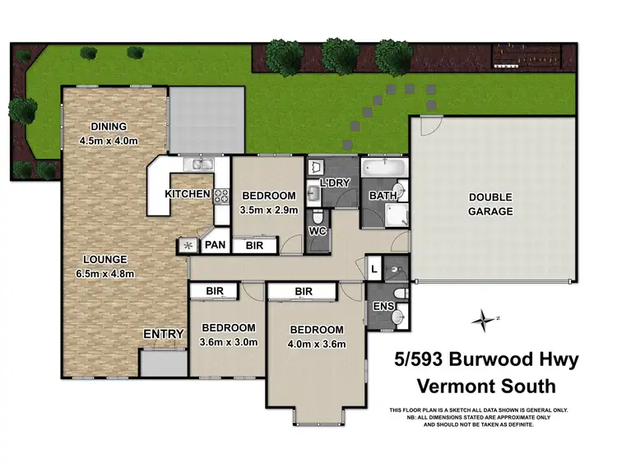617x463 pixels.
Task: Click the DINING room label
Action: pyautogui.click(x=109, y=126)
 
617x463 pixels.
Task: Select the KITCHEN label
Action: pyautogui.click(x=187, y=194)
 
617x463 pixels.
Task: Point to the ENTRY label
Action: pyautogui.click(x=162, y=334)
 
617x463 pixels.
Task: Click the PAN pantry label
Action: pyautogui.click(x=216, y=244)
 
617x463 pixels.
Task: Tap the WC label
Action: pyautogui.click(x=318, y=232)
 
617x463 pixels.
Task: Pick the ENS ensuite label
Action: pyautogui.click(x=383, y=307)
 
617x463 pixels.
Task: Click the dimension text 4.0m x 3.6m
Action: pyautogui.click(x=316, y=344)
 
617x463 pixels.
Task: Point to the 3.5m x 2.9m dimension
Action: pyautogui.click(x=268, y=209)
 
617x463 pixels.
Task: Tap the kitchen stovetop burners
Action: pyautogui.click(x=220, y=196)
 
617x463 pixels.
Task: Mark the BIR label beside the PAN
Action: pyautogui.click(x=254, y=245)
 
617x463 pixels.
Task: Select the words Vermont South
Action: pyautogui.click(x=487, y=386)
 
